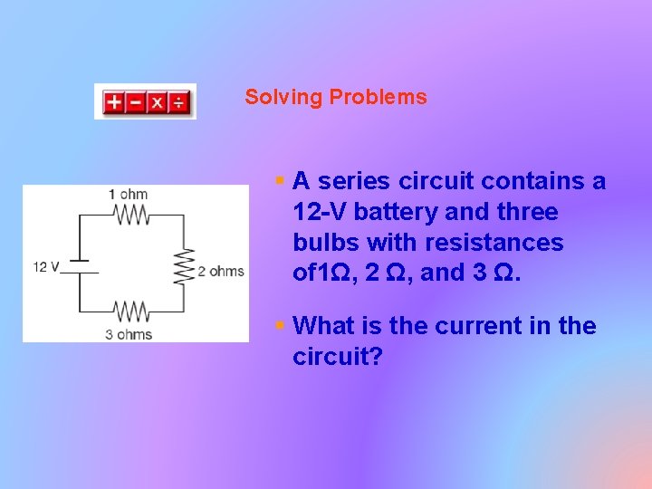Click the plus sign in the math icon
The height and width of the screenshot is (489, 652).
click(114, 102)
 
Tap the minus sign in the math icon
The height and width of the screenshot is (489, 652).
click(135, 102)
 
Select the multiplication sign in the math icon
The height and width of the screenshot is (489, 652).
click(157, 102)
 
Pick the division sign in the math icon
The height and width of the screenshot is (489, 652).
click(178, 102)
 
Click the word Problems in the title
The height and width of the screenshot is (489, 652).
click(378, 98)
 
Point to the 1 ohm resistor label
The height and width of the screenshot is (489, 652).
click(128, 194)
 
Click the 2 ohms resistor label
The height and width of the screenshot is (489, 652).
click(221, 271)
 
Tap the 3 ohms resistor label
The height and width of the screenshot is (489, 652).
click(129, 335)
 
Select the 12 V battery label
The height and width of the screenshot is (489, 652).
click(45, 267)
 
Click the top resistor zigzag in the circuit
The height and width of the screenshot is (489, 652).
click(131, 215)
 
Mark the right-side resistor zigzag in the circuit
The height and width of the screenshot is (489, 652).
click(185, 266)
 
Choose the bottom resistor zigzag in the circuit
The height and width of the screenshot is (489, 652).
click(131, 313)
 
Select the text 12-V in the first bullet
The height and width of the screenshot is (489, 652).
click(320, 213)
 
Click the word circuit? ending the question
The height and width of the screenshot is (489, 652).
click(338, 357)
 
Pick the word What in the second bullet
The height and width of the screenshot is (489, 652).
click(324, 326)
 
